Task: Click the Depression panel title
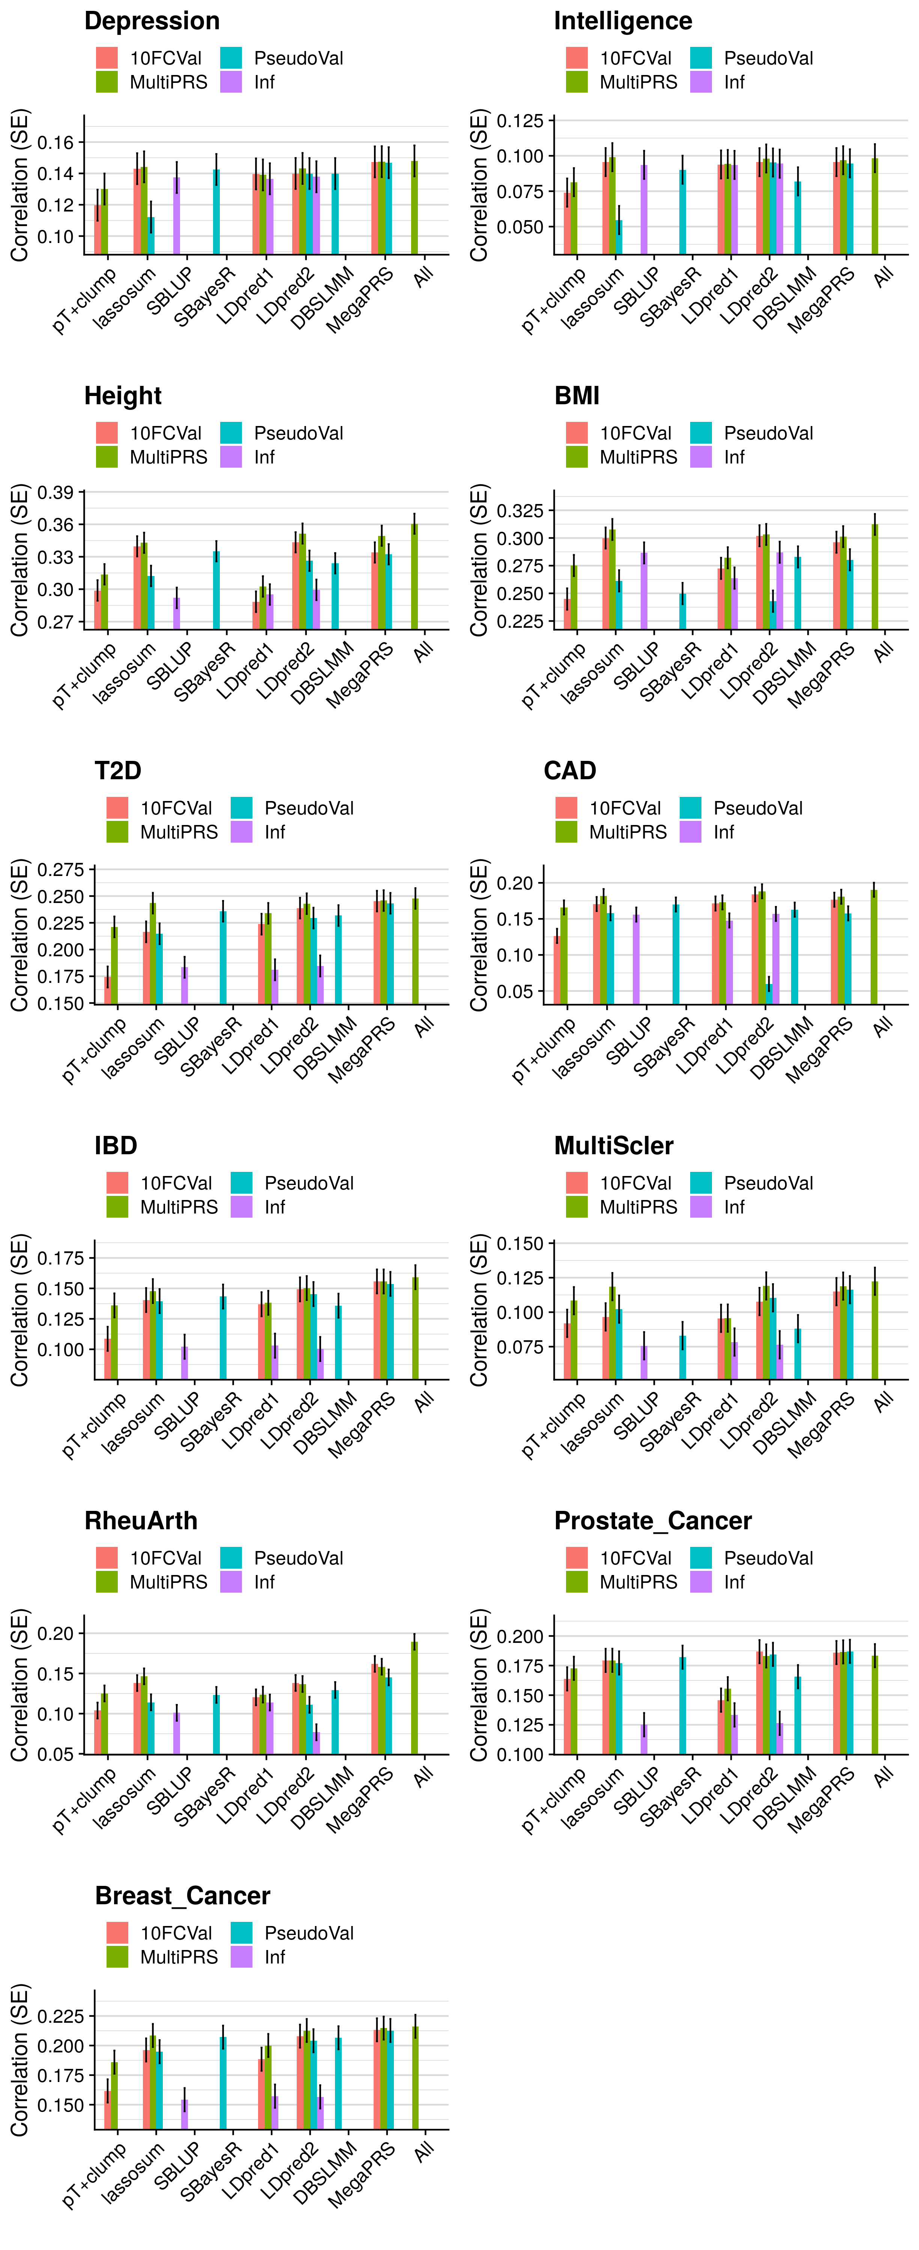(x=152, y=21)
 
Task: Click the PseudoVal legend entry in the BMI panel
(x=751, y=433)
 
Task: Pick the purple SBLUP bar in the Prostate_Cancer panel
(x=644, y=1738)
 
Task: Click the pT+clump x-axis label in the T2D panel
(x=95, y=1048)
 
